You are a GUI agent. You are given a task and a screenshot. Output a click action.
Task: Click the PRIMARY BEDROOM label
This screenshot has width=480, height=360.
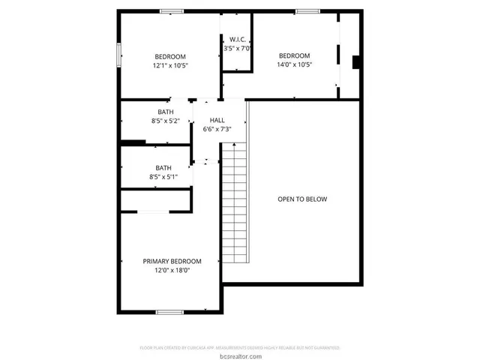click(172, 261)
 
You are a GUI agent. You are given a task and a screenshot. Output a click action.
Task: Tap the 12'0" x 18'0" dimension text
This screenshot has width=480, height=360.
click(172, 270)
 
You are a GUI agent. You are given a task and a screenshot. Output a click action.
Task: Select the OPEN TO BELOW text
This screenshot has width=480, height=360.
click(302, 199)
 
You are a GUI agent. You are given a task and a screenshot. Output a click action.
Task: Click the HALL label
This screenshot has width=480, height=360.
click(217, 120)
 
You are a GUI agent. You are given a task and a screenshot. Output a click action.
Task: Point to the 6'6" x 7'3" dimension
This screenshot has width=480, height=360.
click(217, 129)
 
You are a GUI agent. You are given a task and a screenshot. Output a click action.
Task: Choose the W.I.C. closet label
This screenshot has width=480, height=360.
click(237, 39)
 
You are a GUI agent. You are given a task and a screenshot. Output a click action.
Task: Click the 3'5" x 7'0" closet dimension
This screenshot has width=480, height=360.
click(237, 48)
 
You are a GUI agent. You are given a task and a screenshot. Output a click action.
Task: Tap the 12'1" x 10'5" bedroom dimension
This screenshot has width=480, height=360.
click(170, 65)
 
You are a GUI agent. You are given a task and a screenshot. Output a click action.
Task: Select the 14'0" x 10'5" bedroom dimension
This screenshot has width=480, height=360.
click(294, 64)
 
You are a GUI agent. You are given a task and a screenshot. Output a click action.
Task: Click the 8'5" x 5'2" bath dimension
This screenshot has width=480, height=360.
click(165, 120)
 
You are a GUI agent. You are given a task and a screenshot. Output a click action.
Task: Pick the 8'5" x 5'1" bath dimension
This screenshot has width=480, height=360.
click(163, 177)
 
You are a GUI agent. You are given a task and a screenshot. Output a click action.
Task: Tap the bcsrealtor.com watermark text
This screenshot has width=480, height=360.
click(240, 355)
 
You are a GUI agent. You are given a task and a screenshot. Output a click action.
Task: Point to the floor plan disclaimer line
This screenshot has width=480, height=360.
click(240, 348)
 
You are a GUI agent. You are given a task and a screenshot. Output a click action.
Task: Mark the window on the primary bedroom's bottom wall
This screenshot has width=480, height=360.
click(169, 311)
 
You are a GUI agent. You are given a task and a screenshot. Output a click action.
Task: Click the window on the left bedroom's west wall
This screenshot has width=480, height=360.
click(118, 56)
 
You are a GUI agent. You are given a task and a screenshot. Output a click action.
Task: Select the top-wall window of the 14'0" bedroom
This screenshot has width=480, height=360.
click(306, 11)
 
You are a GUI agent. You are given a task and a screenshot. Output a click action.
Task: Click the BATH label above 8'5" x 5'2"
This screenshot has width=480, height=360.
click(165, 111)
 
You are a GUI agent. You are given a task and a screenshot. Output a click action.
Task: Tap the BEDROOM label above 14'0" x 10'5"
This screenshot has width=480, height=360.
click(294, 55)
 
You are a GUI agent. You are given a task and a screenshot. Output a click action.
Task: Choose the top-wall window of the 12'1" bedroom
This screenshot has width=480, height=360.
click(171, 11)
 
